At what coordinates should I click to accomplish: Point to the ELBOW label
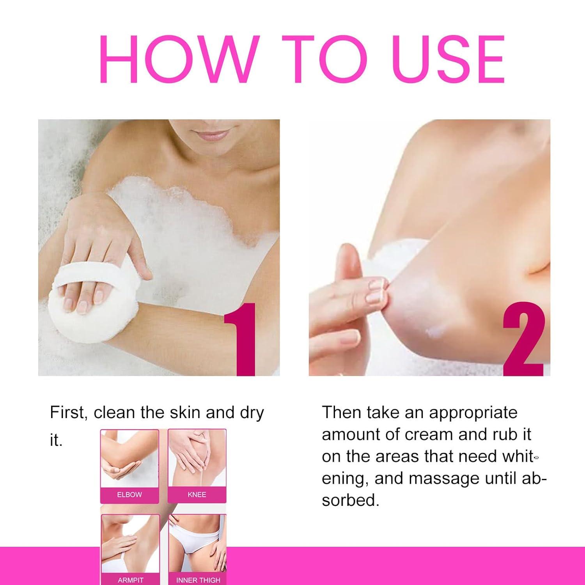129,495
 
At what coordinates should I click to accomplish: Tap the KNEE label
197,495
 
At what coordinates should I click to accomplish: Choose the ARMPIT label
130,580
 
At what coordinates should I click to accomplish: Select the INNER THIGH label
198,580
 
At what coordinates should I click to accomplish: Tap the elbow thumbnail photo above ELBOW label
129,458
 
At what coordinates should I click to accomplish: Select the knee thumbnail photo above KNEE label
197,458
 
